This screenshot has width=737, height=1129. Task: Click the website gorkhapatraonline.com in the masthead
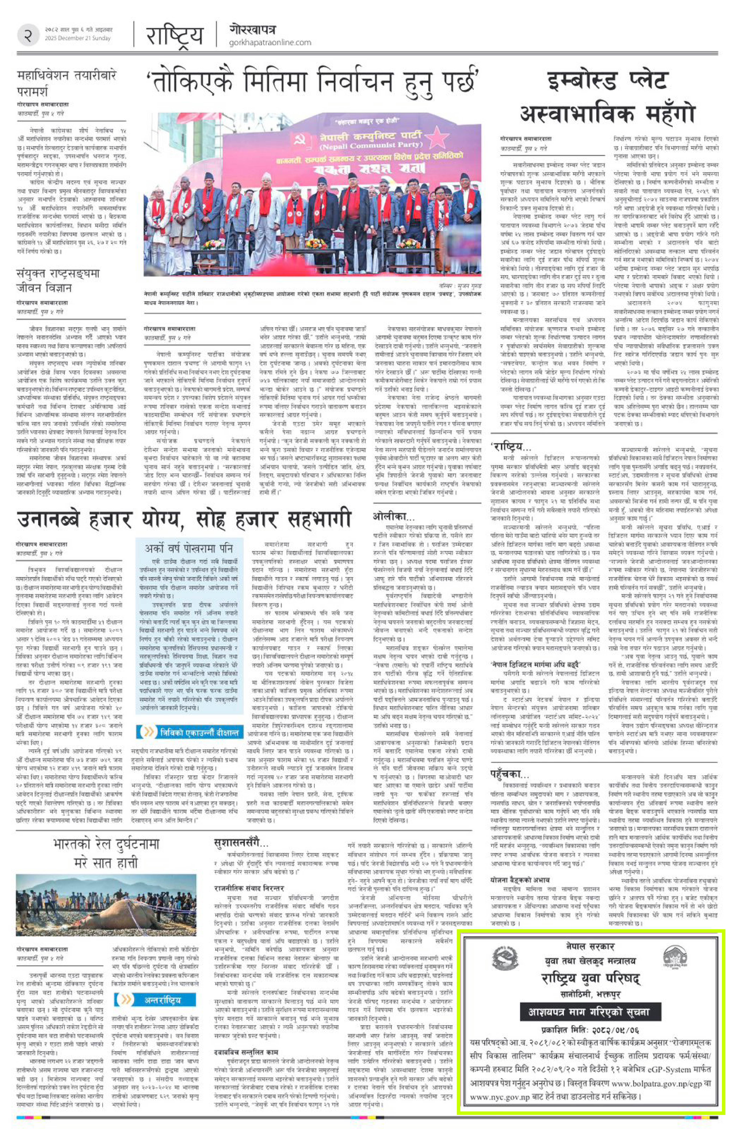[269, 43]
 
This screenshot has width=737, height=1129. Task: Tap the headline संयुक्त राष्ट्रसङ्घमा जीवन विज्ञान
[58, 281]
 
